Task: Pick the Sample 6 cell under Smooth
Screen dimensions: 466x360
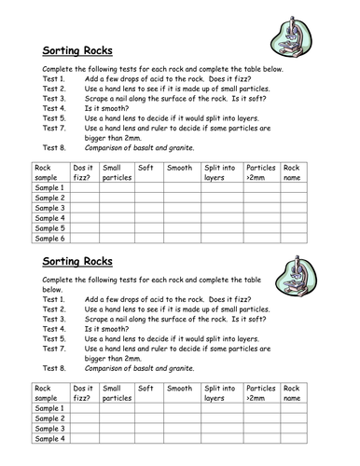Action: point(182,239)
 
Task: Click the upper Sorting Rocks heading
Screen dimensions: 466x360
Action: point(78,52)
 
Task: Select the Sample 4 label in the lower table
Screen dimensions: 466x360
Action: point(49,439)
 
